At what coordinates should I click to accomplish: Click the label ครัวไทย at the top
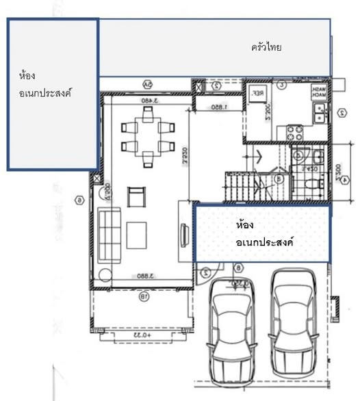click(267, 48)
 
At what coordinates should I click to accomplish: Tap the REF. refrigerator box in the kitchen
click(259, 95)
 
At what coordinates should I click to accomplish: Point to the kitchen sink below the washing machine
click(320, 114)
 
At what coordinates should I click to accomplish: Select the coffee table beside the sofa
click(136, 236)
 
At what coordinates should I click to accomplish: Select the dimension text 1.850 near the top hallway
click(218, 107)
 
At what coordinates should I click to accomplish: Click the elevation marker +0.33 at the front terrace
click(141, 335)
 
